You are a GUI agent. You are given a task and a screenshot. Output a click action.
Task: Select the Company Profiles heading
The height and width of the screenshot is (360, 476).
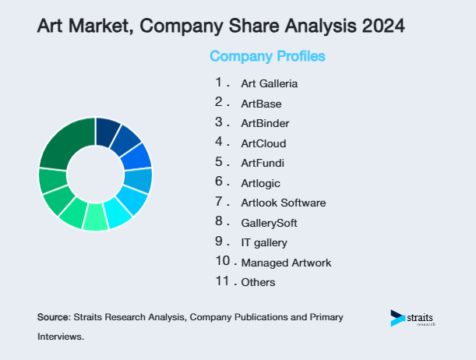pyautogui.click(x=267, y=56)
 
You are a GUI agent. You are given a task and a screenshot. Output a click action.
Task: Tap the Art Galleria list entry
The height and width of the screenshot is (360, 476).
pyautogui.click(x=270, y=83)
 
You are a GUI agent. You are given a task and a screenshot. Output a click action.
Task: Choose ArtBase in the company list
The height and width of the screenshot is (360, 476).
pyautogui.click(x=261, y=104)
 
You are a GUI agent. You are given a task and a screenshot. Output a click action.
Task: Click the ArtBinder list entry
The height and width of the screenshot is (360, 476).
pyautogui.click(x=265, y=123)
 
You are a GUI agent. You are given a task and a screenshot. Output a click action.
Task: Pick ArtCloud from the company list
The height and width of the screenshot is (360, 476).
pyautogui.click(x=263, y=143)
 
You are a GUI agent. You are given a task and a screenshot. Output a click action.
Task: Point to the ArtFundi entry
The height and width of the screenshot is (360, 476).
pyautogui.click(x=263, y=163)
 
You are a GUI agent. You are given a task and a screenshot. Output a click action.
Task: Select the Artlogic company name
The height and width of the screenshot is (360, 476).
pyautogui.click(x=260, y=183)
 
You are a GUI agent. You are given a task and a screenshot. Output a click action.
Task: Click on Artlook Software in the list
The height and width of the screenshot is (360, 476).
pyautogui.click(x=284, y=203)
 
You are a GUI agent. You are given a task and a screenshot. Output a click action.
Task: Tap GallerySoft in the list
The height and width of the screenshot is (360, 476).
pyautogui.click(x=270, y=223)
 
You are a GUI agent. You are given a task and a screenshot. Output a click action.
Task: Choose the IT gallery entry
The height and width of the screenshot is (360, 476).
pyautogui.click(x=264, y=243)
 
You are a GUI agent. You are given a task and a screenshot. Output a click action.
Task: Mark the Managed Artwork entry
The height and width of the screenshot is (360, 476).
pyautogui.click(x=286, y=263)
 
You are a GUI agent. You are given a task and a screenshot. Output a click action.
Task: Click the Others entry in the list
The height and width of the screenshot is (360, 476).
pyautogui.click(x=258, y=283)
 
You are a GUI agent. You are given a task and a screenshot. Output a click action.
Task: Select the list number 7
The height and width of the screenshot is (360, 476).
pyautogui.click(x=220, y=202)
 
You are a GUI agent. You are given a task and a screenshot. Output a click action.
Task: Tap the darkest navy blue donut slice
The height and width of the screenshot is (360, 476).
pyautogui.click(x=107, y=131)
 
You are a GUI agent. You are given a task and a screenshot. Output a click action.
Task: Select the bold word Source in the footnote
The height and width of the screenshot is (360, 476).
pyautogui.click(x=53, y=317)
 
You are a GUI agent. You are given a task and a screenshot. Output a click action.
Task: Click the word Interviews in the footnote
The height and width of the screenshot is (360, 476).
pyautogui.click(x=59, y=337)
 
